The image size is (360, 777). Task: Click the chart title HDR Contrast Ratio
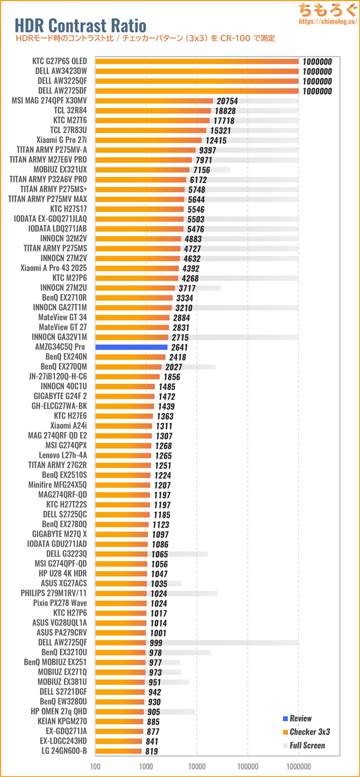81,25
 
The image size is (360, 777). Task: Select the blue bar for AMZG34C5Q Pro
131,347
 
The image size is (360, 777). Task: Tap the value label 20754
227,101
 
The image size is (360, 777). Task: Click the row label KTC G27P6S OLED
59,61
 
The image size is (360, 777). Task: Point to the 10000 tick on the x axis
197,766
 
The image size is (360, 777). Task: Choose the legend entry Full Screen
307,745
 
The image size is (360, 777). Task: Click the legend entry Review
301,718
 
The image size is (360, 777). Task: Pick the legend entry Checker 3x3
310,732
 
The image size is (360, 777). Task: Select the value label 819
152,751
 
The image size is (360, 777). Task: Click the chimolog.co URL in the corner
328,21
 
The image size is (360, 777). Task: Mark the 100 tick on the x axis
95,766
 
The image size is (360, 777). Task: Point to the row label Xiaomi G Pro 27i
62,140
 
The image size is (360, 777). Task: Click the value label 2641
179,347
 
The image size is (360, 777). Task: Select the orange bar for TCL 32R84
153,111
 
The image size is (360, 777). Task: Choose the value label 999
156,643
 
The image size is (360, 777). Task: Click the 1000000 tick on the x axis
298,766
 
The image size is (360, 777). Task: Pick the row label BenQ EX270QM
63,366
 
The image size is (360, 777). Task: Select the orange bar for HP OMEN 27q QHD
120,712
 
